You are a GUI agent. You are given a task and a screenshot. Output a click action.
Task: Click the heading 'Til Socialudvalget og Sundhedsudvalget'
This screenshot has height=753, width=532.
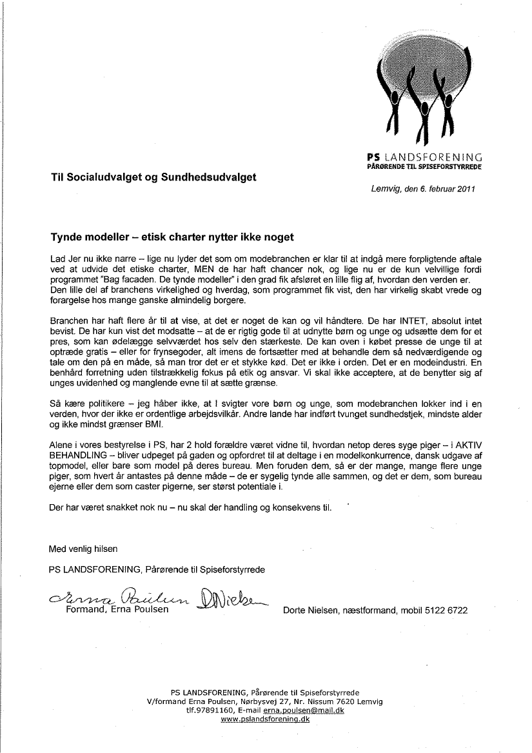click(153, 176)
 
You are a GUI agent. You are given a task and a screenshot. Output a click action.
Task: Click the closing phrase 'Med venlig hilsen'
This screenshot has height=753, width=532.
click(84, 549)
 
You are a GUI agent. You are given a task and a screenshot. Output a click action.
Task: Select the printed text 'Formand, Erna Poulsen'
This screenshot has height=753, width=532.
click(117, 610)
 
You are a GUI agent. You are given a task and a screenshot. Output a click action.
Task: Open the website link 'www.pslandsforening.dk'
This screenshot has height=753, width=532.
click(265, 719)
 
